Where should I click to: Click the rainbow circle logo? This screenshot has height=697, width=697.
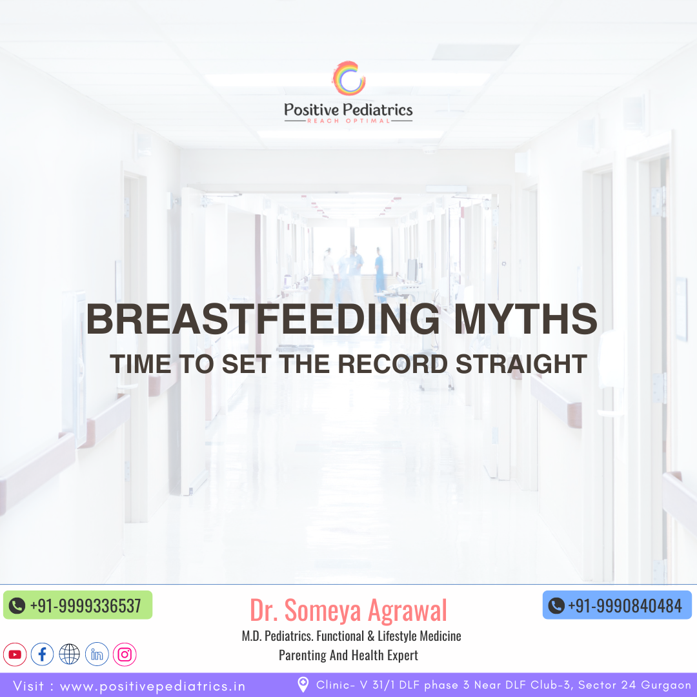tap(349, 78)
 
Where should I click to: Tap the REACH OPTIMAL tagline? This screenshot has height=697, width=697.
tap(348, 121)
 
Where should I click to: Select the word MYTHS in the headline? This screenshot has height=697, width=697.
tap(525, 319)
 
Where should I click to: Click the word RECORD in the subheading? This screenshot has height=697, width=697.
tap(392, 364)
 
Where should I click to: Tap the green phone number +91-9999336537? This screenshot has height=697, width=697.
tap(85, 606)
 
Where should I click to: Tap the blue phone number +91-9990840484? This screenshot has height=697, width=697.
tap(625, 606)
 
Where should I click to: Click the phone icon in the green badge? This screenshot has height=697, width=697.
tap(17, 606)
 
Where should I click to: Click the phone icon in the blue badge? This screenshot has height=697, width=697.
tap(556, 606)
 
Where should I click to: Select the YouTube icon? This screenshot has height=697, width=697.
tap(15, 654)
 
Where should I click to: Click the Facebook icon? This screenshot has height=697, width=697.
tap(42, 654)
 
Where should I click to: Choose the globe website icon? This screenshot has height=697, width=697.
tap(69, 654)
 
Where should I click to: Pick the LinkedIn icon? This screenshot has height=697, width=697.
tap(97, 654)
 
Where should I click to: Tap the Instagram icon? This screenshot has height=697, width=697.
tap(125, 654)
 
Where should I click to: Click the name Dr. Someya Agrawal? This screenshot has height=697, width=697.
tap(348, 611)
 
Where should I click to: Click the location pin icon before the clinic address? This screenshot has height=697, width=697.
tap(303, 685)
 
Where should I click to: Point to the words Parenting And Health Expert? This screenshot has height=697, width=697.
tap(348, 655)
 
